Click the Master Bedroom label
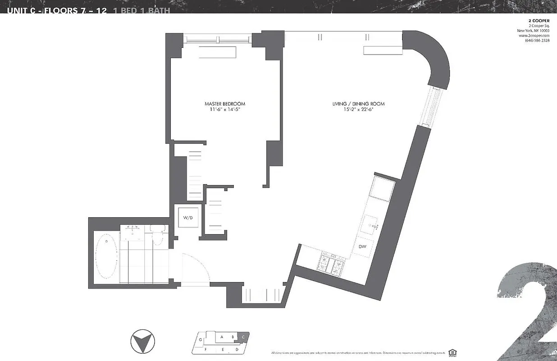(225, 104)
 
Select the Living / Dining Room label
(358, 104)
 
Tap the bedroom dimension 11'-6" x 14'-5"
(225, 110)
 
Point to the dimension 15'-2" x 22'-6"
(358, 110)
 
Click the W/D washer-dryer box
(187, 218)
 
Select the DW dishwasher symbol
(363, 246)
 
